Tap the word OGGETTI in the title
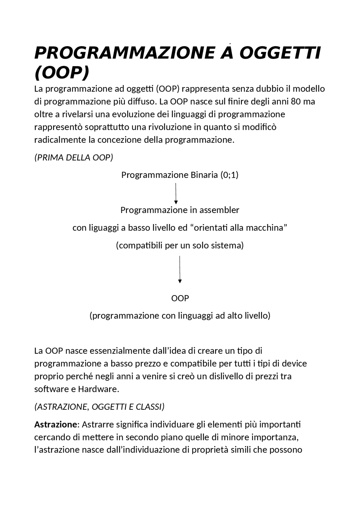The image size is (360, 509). click(x=280, y=53)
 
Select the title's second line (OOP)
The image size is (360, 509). click(x=62, y=73)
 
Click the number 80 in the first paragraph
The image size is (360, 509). click(x=296, y=101)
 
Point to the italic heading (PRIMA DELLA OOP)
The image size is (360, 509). click(x=74, y=157)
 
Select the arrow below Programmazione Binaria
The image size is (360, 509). click(x=176, y=193)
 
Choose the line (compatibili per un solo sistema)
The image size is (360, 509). click(x=180, y=245)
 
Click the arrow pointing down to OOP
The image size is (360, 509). click(x=180, y=269)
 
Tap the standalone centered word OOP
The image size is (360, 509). click(x=180, y=298)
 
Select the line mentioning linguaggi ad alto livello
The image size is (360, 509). click(x=180, y=316)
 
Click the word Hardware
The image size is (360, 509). click(x=98, y=389)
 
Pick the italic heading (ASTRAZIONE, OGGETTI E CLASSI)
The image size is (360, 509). click(x=99, y=407)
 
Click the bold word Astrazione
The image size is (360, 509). click(x=55, y=424)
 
